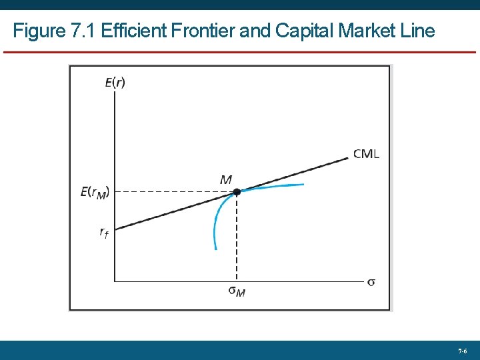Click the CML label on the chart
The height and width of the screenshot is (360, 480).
[x=366, y=154]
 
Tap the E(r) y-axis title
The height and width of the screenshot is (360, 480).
[x=115, y=83]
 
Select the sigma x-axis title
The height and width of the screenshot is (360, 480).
[x=371, y=281]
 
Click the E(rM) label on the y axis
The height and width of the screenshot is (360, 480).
[x=94, y=192]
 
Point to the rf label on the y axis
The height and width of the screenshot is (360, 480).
[x=103, y=233]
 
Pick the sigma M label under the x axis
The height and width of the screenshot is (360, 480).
[x=237, y=291]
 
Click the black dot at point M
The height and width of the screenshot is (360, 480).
[x=237, y=192]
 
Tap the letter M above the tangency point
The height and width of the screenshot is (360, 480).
[x=226, y=179]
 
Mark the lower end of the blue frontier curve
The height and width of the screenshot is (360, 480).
[x=216, y=248]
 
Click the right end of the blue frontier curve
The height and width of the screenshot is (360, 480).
[x=303, y=185]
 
